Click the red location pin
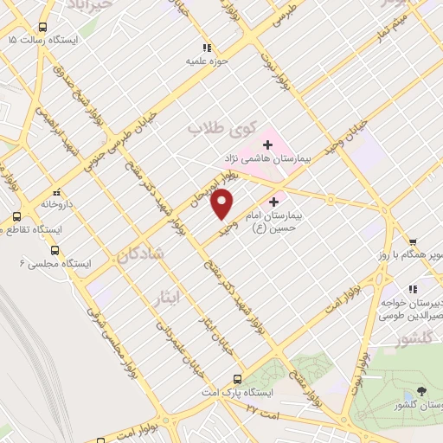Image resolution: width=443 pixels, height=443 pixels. [x=223, y=204]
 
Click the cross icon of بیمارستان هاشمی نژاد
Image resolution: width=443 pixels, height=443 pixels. [x=266, y=140]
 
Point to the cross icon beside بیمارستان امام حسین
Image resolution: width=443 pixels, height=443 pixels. [x=274, y=201]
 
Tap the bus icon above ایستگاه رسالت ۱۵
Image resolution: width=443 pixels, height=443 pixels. [x=43, y=27]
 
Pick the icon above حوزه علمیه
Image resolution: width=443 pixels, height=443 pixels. [x=206, y=48]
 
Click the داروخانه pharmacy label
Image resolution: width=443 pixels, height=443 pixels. [x=57, y=206]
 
